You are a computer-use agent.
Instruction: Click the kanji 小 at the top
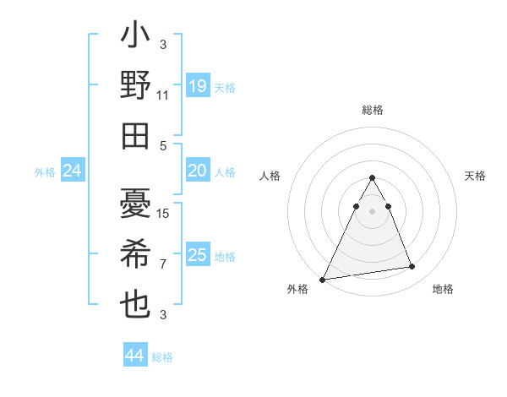135,37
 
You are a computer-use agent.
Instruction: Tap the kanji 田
135,135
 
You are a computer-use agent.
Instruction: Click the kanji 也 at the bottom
135,303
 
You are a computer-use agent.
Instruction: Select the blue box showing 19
198,86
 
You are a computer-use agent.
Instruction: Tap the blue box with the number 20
198,171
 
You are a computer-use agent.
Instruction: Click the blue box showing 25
198,255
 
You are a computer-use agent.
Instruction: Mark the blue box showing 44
135,356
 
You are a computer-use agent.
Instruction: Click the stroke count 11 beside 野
163,95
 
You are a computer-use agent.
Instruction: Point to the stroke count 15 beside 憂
163,214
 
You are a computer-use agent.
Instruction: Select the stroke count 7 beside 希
163,264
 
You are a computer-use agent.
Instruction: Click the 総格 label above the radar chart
372,110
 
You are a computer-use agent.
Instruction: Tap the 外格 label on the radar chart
297,290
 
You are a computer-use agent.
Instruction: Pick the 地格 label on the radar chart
443,290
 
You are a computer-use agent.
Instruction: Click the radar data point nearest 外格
323,279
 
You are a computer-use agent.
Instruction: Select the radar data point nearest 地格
412,267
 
